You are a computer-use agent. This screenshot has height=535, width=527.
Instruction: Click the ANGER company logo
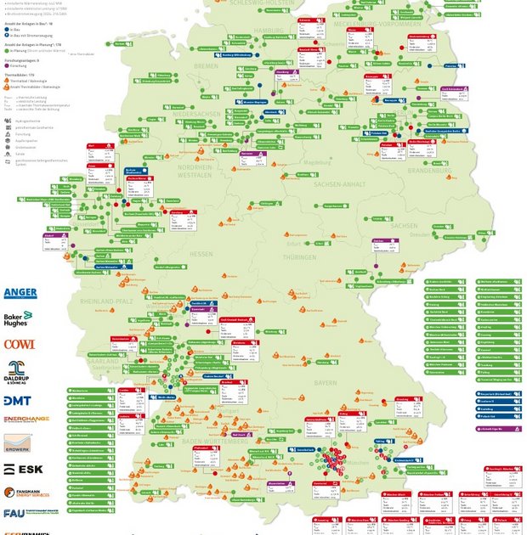(x=20, y=293)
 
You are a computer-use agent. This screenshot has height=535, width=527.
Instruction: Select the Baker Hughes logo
(x=18, y=319)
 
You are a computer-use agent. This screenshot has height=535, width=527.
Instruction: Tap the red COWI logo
(x=19, y=344)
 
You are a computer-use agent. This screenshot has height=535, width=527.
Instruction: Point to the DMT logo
(x=19, y=400)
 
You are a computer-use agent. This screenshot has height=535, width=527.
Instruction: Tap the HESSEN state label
(x=201, y=254)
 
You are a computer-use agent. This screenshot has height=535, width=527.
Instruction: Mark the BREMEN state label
(x=206, y=65)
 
